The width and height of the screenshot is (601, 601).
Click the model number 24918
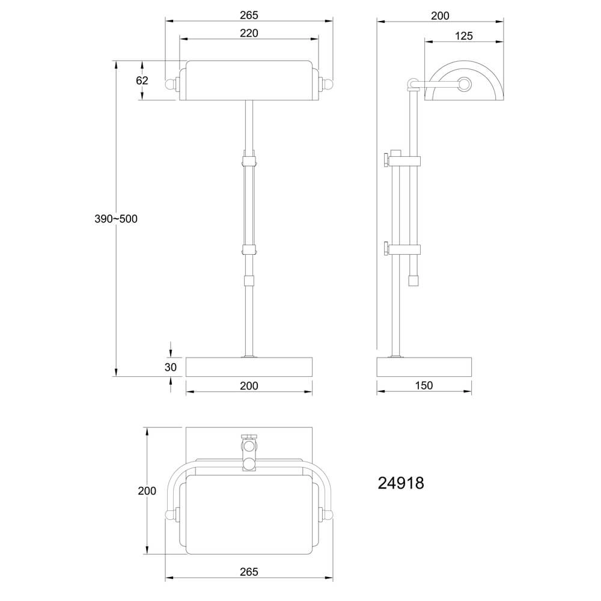click(401, 483)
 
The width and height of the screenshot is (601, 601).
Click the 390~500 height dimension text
click(116, 219)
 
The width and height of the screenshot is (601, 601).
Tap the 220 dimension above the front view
click(248, 33)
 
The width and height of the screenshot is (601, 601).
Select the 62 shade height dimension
click(142, 79)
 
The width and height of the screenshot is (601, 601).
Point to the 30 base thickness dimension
click(171, 367)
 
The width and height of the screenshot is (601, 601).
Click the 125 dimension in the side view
click(463, 35)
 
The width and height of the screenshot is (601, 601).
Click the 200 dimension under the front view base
click(248, 385)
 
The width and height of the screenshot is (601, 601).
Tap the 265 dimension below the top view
click(248, 572)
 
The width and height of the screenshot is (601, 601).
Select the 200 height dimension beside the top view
click(147, 490)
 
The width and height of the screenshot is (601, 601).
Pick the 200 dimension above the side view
click(440, 15)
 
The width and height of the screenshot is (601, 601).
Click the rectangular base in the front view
click(249, 367)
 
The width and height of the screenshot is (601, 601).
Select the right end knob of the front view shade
click(328, 82)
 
